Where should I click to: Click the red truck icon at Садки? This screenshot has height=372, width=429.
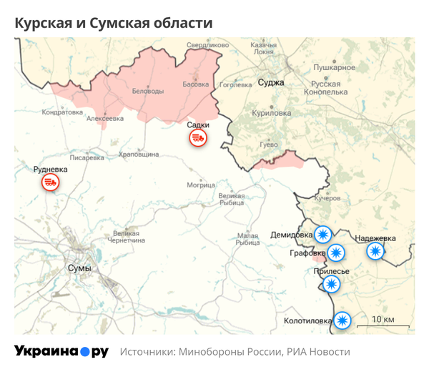198,138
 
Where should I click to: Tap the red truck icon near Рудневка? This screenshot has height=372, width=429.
50,182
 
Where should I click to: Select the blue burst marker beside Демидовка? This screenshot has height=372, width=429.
324,234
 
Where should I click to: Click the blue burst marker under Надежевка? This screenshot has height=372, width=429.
375,251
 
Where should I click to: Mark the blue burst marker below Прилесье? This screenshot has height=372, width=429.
331,284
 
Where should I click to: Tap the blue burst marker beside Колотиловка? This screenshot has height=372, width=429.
344,320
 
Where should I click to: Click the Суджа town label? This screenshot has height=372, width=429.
271,82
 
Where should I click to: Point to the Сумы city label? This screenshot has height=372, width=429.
79,268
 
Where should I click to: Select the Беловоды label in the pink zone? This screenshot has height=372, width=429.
148,92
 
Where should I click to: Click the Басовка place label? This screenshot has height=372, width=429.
196,84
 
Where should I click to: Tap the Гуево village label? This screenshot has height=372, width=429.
268,145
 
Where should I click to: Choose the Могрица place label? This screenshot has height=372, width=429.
201,185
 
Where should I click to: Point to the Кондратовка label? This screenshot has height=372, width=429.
62,112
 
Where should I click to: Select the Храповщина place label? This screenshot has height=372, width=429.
139,154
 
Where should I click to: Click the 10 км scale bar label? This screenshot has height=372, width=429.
384,318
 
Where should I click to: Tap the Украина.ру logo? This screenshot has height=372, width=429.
61,351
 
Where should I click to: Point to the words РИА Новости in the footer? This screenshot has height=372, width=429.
318,352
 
